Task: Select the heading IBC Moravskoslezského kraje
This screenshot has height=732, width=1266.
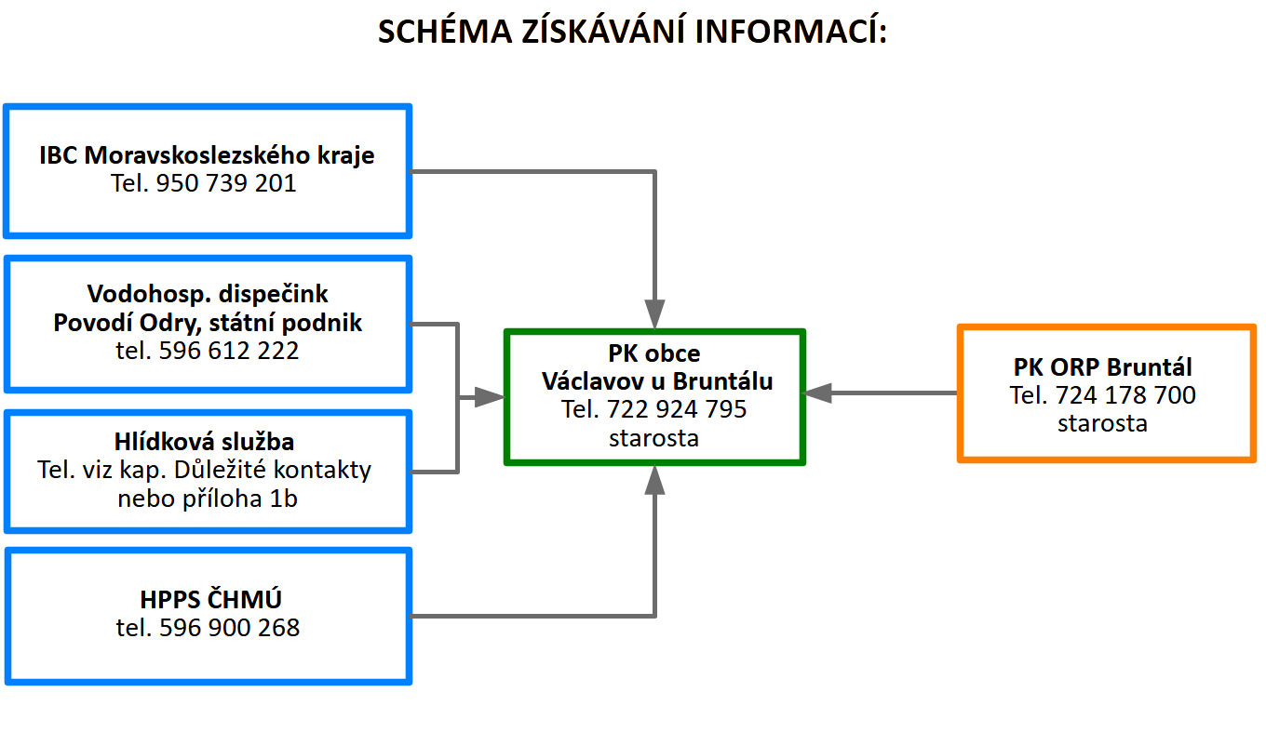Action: [207, 155]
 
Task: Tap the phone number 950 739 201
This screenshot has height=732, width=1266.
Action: [226, 183]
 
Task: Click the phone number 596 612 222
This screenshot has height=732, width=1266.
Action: [229, 351]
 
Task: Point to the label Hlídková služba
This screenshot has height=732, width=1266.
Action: [204, 441]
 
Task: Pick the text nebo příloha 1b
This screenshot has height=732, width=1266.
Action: [208, 499]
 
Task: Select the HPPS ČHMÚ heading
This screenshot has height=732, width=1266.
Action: [210, 599]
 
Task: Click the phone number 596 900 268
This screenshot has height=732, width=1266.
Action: [229, 628]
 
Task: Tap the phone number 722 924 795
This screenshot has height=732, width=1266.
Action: [677, 409]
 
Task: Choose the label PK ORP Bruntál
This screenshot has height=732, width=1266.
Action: [1103, 367]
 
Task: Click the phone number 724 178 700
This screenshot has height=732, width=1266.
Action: [1125, 394]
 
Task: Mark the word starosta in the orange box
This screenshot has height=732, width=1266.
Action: [1103, 423]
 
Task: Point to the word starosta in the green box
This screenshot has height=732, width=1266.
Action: [653, 438]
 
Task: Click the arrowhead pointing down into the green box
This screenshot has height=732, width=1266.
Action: [654, 314]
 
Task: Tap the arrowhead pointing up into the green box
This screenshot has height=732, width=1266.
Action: [654, 480]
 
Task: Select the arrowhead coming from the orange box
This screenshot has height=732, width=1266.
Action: [817, 393]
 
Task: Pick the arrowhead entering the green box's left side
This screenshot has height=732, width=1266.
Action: [490, 397]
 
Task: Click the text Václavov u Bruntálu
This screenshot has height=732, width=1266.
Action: [657, 381]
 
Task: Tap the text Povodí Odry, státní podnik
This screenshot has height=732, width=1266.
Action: [208, 323]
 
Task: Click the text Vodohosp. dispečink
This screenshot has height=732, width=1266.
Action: [208, 294]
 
